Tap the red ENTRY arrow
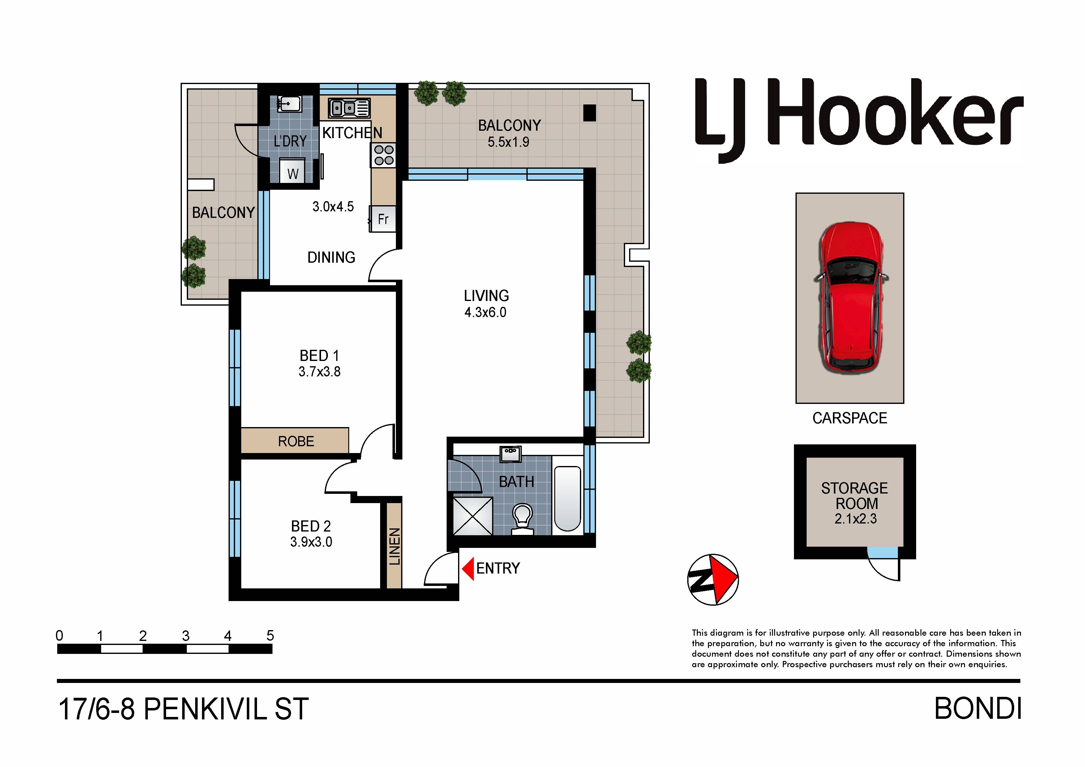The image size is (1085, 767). (x=468, y=568)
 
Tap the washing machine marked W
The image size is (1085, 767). (x=293, y=171)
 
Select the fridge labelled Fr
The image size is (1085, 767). (x=383, y=219)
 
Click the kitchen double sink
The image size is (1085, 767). (x=349, y=108)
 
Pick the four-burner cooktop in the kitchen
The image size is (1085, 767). (x=384, y=155)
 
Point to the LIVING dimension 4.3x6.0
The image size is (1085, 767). (x=485, y=312)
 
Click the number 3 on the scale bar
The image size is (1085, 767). (x=186, y=636)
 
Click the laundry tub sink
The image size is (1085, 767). (x=289, y=104)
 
